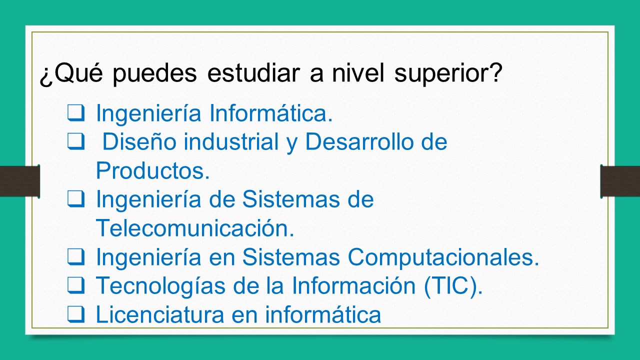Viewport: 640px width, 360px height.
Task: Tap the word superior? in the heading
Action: tap(448, 74)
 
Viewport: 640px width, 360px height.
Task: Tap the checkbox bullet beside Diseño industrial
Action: tap(75, 142)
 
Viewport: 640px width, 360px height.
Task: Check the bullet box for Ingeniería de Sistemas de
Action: tap(75, 199)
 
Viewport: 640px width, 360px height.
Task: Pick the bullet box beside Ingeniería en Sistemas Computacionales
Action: tap(75, 257)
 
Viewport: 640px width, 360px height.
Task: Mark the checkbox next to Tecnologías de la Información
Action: tap(75, 285)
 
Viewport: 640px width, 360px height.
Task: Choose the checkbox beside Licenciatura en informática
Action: tap(75, 314)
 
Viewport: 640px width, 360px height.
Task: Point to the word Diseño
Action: tap(139, 142)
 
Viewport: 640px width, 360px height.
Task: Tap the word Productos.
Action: tap(152, 171)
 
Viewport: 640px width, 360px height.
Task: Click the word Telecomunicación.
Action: tap(195, 228)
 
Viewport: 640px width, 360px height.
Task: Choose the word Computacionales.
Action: tap(443, 257)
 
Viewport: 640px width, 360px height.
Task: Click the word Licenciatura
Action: tap(159, 315)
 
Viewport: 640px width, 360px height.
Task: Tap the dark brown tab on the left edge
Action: tap(19, 181)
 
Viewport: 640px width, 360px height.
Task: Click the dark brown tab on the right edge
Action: tap(620, 181)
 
